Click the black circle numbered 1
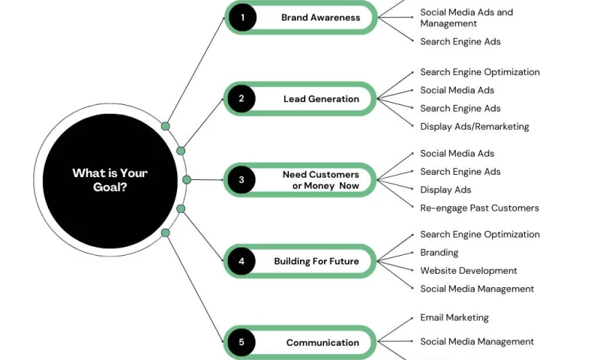[242, 17]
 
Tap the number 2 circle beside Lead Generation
[241, 98]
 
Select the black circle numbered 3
[241, 180]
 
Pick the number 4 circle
[241, 261]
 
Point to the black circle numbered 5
[241, 343]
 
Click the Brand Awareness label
[320, 17]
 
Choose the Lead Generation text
[321, 99]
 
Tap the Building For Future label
[316, 262]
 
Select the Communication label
[322, 343]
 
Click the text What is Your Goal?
[109, 180]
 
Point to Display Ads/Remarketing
[474, 127]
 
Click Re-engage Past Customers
[479, 208]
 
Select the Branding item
[439, 253]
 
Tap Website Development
[468, 271]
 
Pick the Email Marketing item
[454, 317]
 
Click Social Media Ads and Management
[466, 18]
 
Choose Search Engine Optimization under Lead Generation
[479, 72]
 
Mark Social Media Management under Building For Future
[476, 289]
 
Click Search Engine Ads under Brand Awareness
[460, 41]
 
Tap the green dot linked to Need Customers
[187, 180]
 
